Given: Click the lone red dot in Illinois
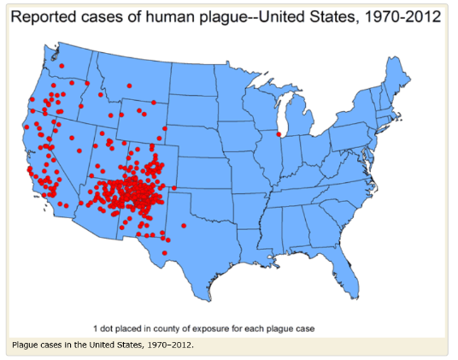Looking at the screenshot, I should click(279, 134).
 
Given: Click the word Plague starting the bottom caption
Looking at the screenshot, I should click(27, 345).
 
